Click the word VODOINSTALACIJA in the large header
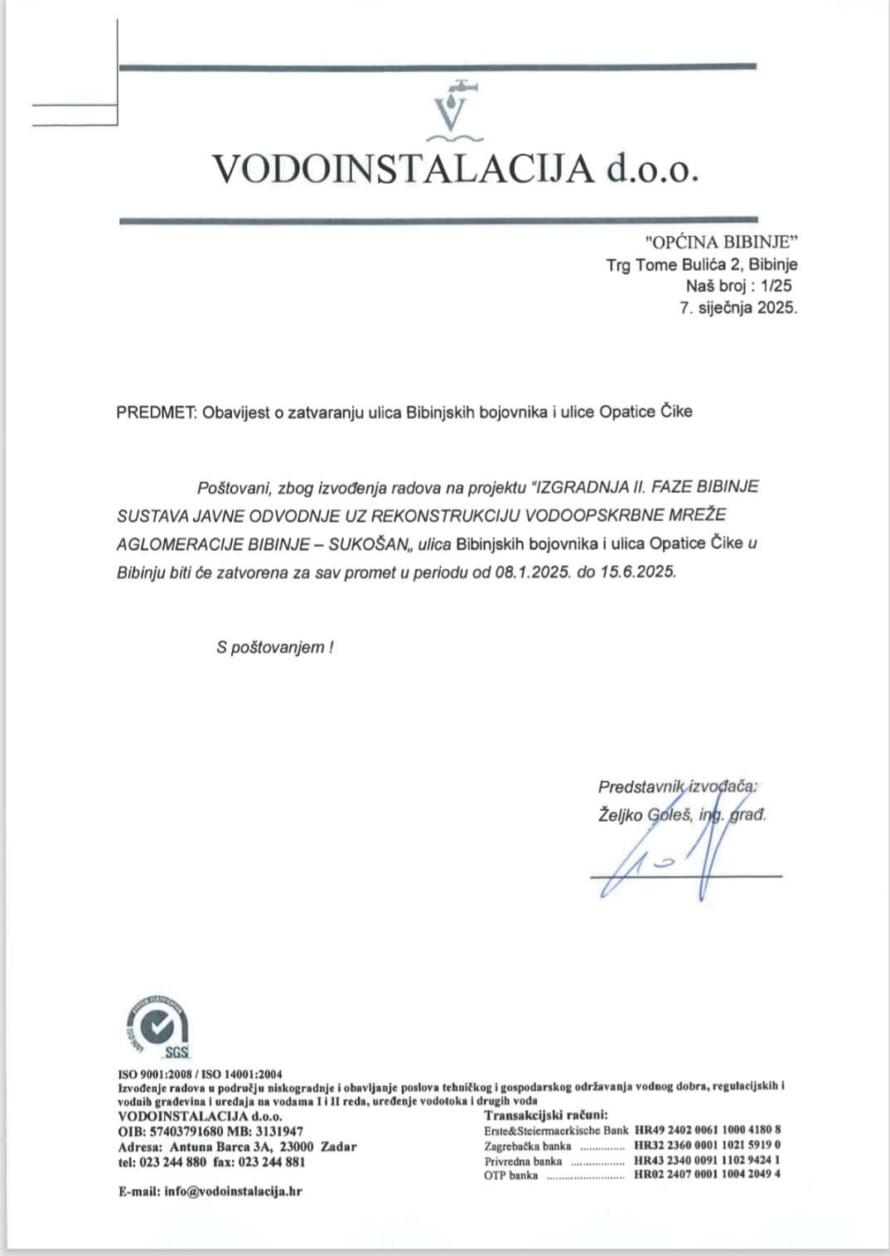tap(404, 169)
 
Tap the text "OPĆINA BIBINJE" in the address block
tap(721, 242)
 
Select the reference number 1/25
tap(776, 286)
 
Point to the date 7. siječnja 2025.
tap(738, 307)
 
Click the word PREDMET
tap(155, 413)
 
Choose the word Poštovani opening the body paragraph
tap(234, 487)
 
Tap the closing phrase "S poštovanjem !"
tap(274, 648)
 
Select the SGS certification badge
tap(157, 1028)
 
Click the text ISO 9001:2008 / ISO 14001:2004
tap(200, 1075)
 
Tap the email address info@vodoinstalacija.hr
tap(233, 1191)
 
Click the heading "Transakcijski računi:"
tap(546, 1115)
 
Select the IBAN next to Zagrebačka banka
tap(707, 1146)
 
